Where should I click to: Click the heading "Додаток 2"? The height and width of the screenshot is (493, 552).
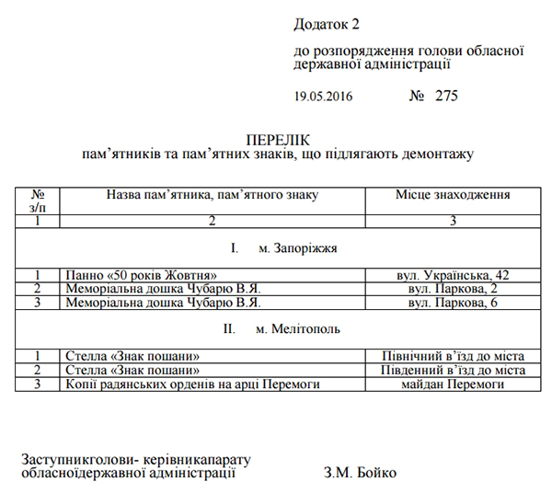[328, 22]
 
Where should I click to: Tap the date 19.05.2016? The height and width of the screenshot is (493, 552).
[323, 96]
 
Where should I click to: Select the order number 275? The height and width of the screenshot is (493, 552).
[445, 95]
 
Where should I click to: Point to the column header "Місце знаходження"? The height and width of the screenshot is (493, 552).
[453, 195]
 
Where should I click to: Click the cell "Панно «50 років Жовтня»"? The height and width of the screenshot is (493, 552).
[140, 275]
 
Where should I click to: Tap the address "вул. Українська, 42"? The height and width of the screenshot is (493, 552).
[453, 275]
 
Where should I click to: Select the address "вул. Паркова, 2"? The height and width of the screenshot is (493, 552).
[453, 288]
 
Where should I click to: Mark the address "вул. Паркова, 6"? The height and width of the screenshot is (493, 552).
[453, 302]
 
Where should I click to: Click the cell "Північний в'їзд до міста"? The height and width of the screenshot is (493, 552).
[453, 355]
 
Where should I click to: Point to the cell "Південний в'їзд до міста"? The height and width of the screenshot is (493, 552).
[453, 370]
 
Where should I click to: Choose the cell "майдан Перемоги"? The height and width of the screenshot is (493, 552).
[453, 384]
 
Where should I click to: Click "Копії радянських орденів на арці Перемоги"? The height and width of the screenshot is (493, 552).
[192, 384]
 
